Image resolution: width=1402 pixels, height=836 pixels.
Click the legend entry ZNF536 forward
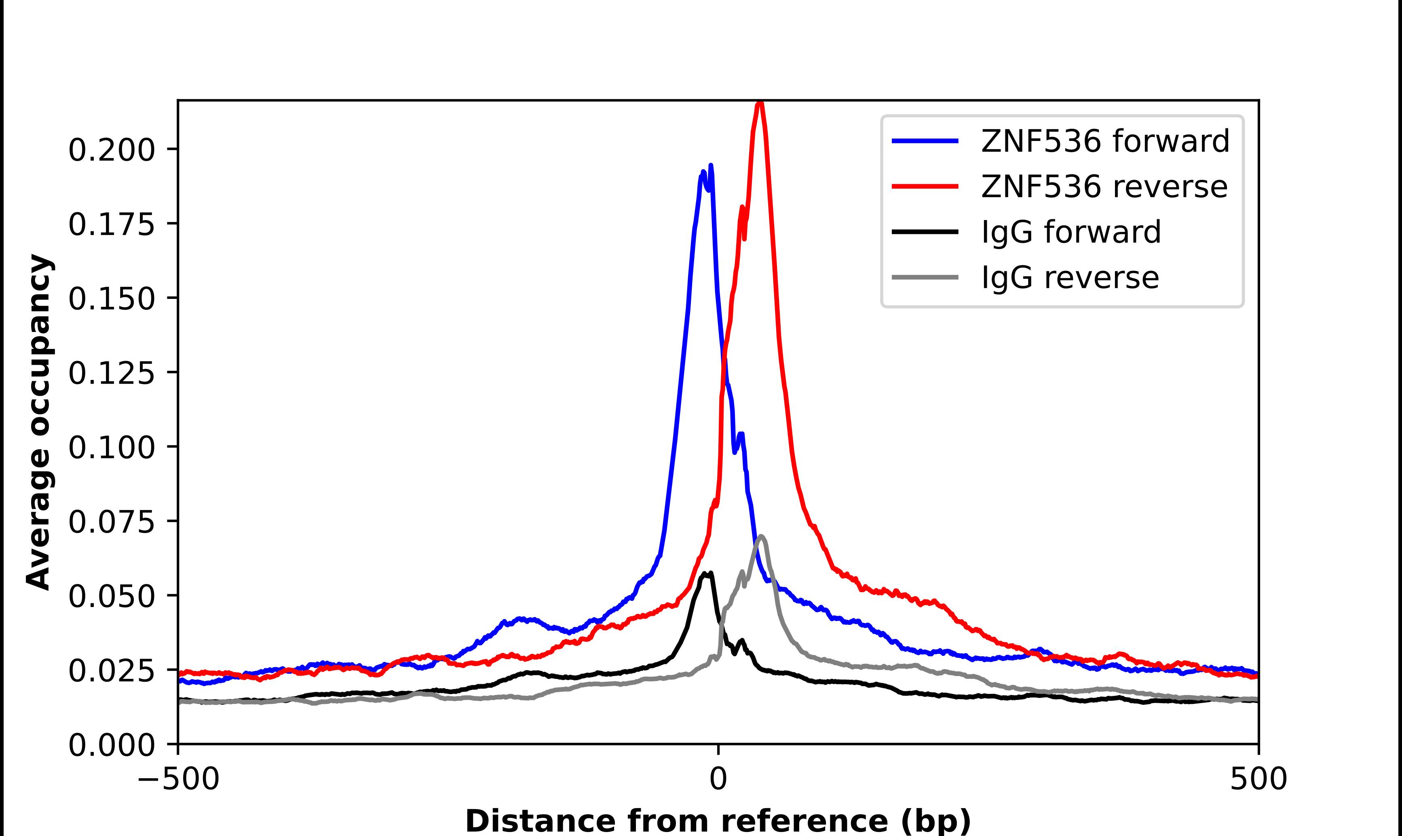click(x=1105, y=141)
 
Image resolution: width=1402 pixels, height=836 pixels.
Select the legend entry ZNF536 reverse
click(x=1104, y=187)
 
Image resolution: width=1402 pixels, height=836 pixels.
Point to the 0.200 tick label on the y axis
click(x=111, y=150)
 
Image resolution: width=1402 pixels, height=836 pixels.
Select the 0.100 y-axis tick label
click(x=111, y=447)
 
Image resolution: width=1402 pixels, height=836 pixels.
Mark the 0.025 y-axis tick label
click(x=111, y=670)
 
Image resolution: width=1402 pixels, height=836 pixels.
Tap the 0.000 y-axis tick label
click(x=111, y=745)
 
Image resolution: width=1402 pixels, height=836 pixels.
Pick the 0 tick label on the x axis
click(x=718, y=779)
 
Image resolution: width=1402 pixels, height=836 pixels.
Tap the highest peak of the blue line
click(x=711, y=166)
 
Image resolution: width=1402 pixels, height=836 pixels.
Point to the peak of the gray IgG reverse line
click(x=761, y=536)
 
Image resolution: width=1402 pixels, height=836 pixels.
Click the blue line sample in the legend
click(x=925, y=141)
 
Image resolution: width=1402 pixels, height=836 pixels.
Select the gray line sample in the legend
click(x=925, y=277)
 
